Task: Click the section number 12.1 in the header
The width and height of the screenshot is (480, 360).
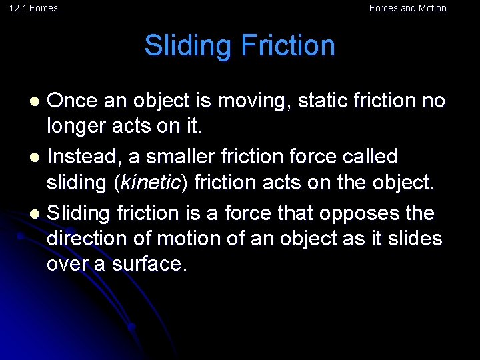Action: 17,8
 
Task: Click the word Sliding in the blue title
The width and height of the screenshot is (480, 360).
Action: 189,45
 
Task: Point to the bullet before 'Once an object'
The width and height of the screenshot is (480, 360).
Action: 37,101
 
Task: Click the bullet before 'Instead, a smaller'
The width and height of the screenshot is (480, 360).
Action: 37,157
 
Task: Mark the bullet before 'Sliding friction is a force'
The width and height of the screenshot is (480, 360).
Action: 37,214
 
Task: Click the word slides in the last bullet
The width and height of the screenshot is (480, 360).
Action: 414,239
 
